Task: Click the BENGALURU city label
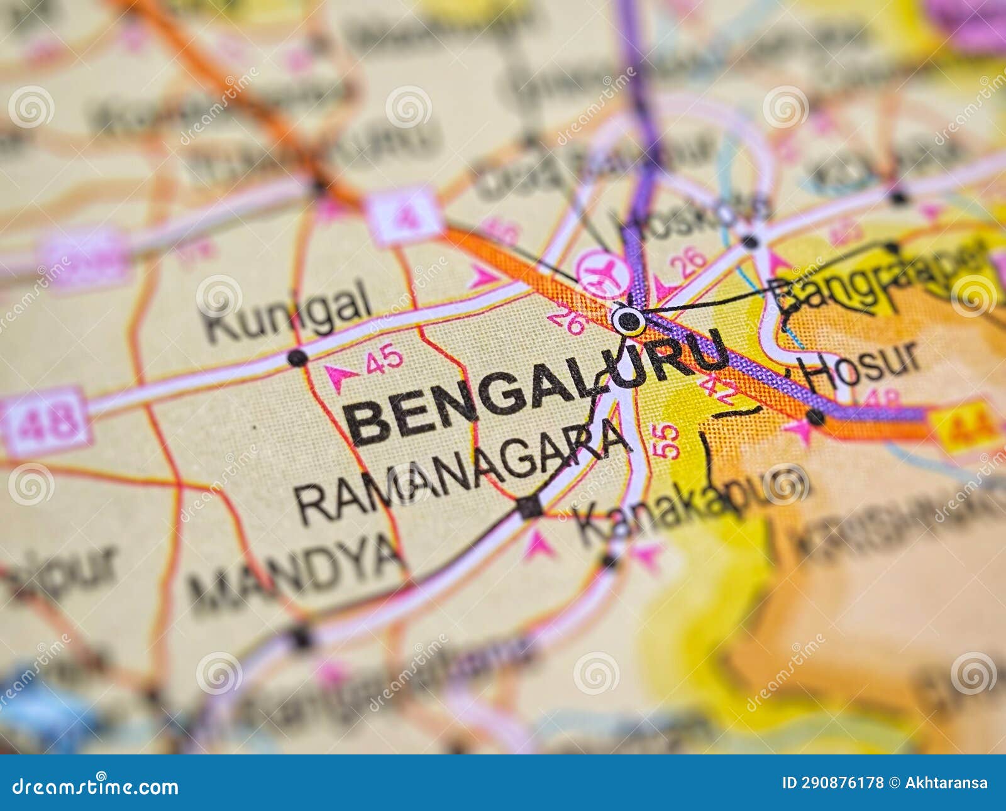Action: click(x=534, y=390)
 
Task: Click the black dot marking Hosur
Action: click(x=815, y=417)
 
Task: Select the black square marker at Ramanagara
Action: click(x=529, y=507)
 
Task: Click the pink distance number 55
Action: click(x=668, y=441)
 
